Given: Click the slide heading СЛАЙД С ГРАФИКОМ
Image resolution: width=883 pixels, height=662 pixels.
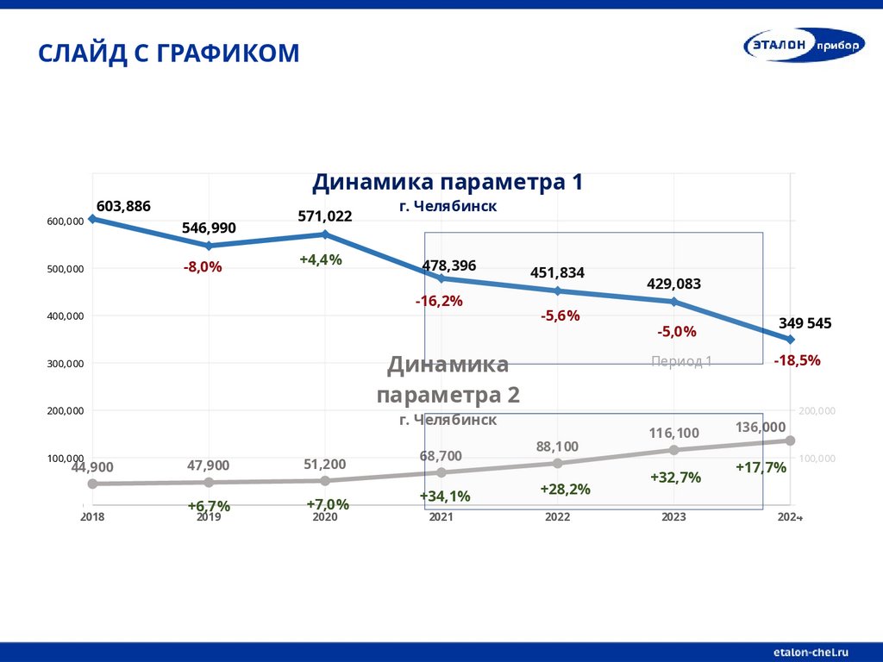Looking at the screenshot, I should pos(169,53).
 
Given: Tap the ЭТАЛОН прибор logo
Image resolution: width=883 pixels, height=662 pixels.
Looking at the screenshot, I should pos(804,47).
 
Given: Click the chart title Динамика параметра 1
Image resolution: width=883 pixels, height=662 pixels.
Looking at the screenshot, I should pos(448,183).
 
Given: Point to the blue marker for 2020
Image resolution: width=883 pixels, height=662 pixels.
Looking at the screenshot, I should pos(325,234).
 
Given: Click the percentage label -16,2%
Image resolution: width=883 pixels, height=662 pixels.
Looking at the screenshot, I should pos(439,301).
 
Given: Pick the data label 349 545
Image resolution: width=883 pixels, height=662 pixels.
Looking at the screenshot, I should pos(805,323).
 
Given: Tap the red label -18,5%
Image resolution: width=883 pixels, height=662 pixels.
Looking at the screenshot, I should pos(797,360).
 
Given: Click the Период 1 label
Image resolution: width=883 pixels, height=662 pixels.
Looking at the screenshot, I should pos(681,361).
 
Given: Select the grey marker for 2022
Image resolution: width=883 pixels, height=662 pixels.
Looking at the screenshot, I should pos(557,463).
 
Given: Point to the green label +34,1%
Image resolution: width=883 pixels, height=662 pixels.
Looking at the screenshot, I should pos(445,496).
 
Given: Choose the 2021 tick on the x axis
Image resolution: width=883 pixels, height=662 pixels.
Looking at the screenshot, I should pos(441,517).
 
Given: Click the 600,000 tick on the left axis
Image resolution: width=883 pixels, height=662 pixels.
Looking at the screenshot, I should pos(65,222).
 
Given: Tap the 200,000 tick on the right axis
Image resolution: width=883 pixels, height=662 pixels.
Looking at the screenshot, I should pos(817,411).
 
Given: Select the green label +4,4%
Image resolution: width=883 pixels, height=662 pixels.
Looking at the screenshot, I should pos(321,259).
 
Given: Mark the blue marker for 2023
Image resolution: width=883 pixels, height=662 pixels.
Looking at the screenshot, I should pos(674,302).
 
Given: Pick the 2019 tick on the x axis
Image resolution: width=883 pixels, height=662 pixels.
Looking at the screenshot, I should pos(209,517).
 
